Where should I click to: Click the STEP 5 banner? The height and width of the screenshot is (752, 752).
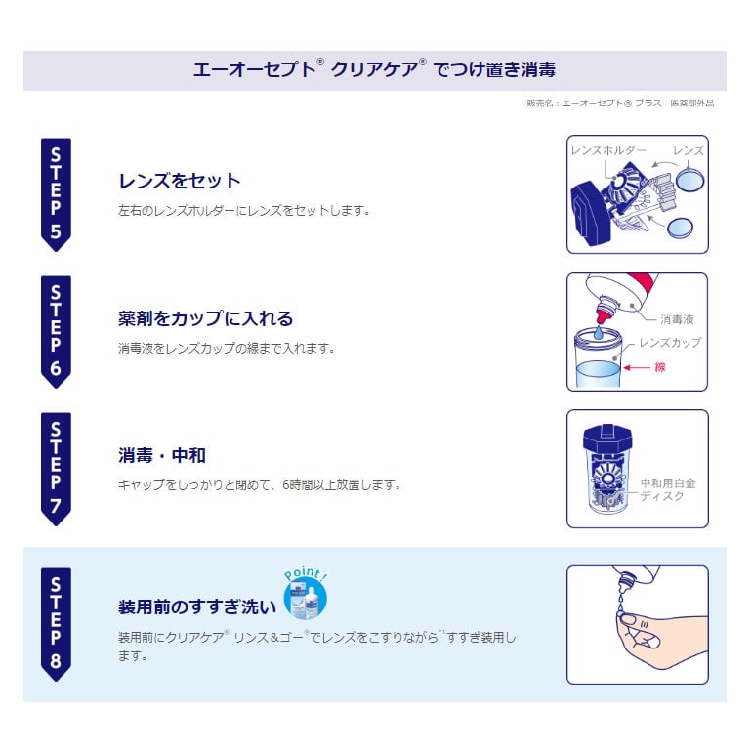coord(56,194)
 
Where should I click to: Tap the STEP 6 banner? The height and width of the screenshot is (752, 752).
coord(56,332)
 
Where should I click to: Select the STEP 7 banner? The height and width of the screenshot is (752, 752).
coord(56,469)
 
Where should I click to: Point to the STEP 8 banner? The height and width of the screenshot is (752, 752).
coord(56,624)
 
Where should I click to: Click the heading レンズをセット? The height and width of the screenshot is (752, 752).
coord(180,181)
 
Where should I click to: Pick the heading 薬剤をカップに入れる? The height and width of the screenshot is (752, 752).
coord(205,318)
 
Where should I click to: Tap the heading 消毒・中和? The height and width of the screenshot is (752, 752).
coord(161,455)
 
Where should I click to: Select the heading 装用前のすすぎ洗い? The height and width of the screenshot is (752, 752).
coord(197,606)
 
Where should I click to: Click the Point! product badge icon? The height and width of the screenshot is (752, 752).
coord(305,594)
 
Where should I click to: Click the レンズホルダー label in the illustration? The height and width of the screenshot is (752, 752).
coord(608,150)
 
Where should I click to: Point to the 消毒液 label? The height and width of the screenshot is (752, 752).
coord(677,319)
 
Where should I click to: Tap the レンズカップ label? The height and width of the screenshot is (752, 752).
coord(670,343)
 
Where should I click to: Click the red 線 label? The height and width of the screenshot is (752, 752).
coord(660,368)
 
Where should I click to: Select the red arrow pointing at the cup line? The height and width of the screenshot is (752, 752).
coord(637,368)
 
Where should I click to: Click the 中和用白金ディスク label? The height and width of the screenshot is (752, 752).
coord(668,489)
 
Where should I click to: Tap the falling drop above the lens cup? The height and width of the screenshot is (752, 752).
coord(598,333)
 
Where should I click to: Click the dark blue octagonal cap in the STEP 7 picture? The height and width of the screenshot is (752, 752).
coord(607,439)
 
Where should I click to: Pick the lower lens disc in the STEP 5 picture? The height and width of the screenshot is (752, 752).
coord(680,227)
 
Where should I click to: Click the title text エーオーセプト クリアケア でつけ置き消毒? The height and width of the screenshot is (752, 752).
coord(375,69)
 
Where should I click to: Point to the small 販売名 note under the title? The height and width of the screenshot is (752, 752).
coord(620,104)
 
